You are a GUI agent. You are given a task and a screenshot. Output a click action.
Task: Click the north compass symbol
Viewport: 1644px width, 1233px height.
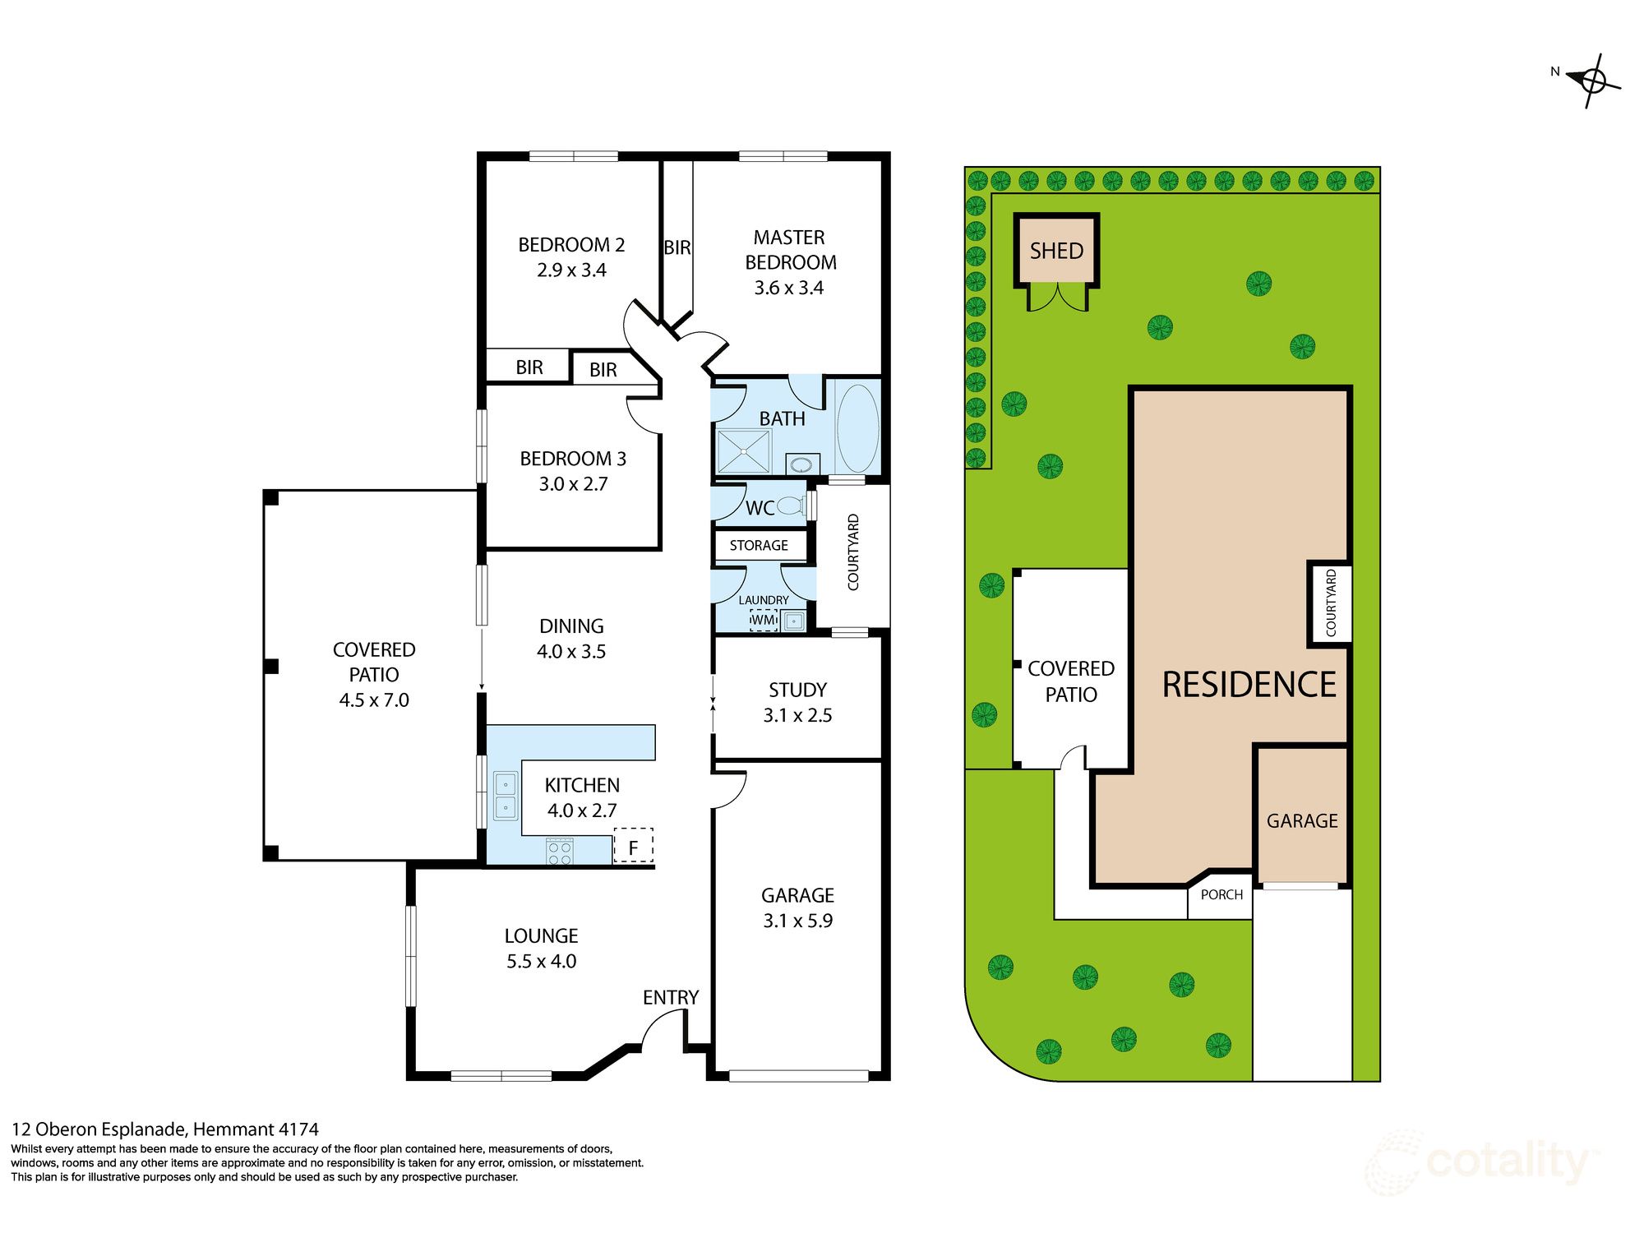pos(1593,81)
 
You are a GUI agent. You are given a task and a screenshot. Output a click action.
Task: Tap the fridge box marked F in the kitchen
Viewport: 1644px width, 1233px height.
pos(633,846)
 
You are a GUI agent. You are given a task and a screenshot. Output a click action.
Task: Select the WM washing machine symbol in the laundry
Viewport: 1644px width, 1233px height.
pos(764,620)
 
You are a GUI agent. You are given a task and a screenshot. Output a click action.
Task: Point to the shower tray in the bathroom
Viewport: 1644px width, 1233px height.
pos(743,451)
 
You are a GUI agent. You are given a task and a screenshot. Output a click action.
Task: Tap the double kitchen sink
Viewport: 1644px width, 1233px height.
pos(505,796)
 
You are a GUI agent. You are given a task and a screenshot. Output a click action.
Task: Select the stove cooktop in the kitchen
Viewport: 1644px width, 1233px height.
pos(560,852)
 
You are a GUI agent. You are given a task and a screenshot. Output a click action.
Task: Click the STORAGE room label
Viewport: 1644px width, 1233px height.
pos(759,546)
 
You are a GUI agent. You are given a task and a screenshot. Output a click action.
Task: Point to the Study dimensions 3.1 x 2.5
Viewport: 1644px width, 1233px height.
pos(797,715)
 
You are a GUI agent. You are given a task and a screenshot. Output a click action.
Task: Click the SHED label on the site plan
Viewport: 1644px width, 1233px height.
pos(1056,251)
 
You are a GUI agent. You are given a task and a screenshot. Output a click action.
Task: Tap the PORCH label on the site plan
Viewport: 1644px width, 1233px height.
pos(1221,895)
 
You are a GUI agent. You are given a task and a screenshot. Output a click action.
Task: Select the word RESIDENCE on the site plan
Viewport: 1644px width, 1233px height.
pos(1249,685)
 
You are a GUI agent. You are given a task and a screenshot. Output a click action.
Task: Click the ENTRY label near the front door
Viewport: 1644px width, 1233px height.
pos(671,997)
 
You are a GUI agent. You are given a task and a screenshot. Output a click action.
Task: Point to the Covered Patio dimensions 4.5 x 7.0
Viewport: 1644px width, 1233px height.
pos(374,700)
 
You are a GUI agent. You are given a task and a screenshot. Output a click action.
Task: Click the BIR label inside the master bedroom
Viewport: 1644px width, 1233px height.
pos(677,247)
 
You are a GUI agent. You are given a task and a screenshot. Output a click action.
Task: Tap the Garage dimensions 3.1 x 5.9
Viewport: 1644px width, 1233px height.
pos(797,921)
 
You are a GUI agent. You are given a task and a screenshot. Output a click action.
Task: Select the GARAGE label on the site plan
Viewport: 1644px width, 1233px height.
pos(1302,821)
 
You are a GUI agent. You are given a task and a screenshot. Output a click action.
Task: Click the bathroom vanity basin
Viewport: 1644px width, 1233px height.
pos(801,464)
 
